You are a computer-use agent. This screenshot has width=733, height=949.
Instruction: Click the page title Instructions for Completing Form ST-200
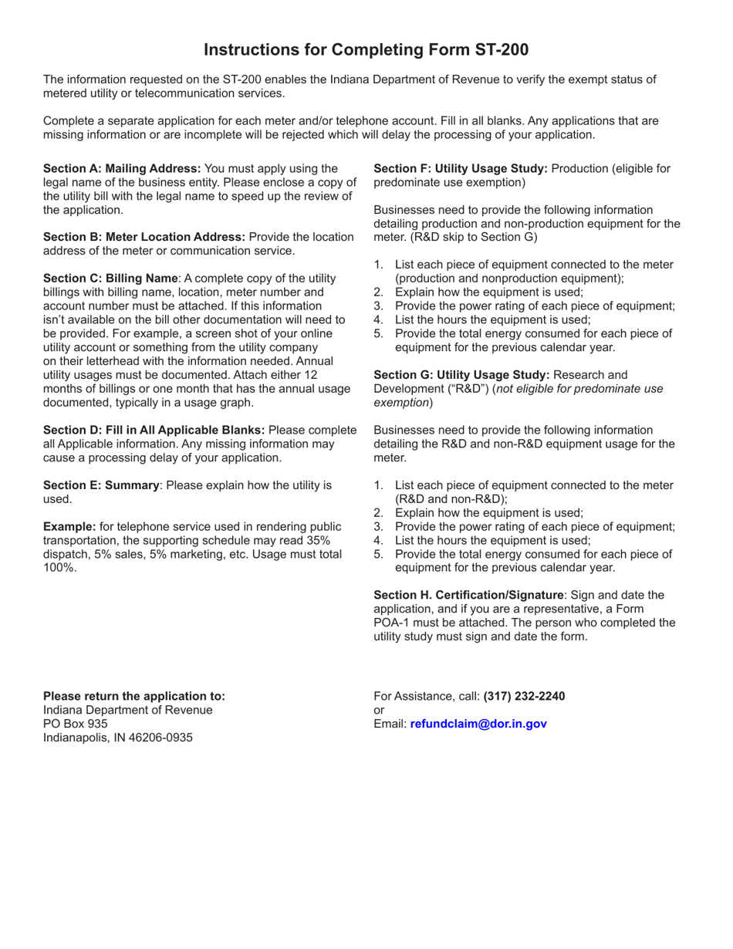(x=366, y=50)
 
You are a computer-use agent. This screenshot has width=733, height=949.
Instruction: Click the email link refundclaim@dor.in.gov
(x=478, y=724)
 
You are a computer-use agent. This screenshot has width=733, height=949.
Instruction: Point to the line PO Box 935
(x=76, y=724)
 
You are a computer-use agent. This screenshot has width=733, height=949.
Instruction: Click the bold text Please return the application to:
(x=134, y=696)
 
